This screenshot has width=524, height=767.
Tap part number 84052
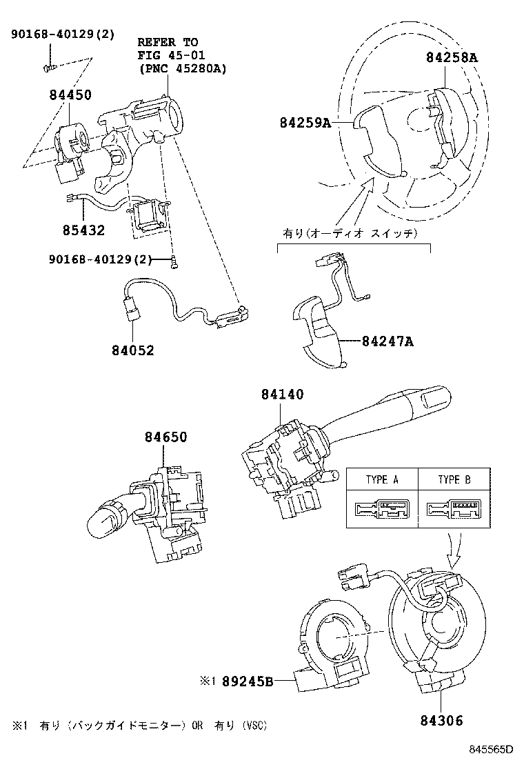[x=132, y=350]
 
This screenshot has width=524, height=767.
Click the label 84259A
[x=306, y=123]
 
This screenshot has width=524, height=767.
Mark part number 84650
[x=165, y=437]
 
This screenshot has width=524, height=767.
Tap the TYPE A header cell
[x=381, y=479]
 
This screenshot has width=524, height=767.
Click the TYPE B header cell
[x=454, y=479]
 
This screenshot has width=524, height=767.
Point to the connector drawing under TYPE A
[x=381, y=510]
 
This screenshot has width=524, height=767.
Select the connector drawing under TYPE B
[x=454, y=510]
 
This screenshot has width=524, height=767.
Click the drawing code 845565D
[x=492, y=750]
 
